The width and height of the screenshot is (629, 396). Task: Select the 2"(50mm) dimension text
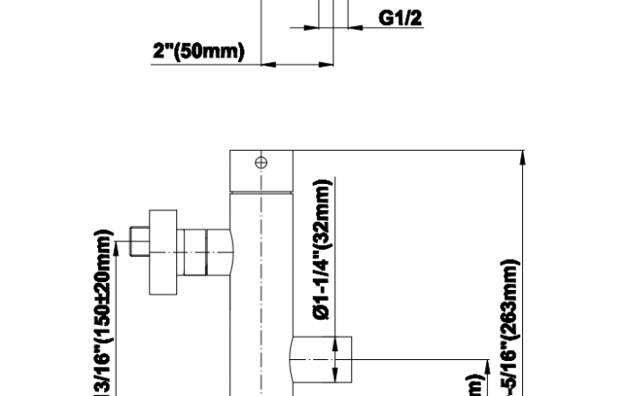click(x=198, y=51)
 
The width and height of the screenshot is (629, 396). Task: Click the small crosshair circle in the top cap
click(x=261, y=162)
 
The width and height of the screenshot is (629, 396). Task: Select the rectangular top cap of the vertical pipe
click(x=261, y=172)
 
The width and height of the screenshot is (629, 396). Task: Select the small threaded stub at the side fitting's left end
click(x=139, y=242)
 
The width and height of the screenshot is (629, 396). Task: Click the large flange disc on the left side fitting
click(x=163, y=252)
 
